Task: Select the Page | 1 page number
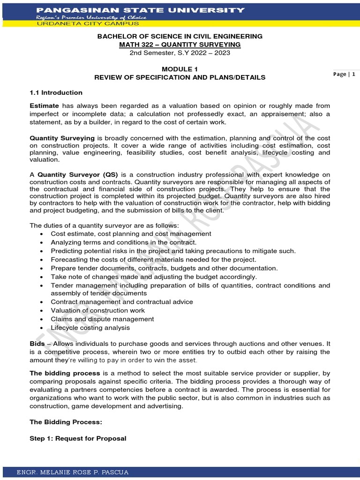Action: pos(344,74)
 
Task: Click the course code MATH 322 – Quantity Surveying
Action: pos(180,45)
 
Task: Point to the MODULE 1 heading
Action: pos(180,69)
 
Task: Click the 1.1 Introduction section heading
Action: pos(56,92)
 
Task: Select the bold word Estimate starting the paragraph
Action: pos(45,106)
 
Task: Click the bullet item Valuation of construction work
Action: pos(97,310)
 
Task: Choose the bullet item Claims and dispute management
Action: pos(102,319)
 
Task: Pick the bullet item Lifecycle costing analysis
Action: pos(90,328)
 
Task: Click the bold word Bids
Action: pos(37,344)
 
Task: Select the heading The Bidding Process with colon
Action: pos(66,422)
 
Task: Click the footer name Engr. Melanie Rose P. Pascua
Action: pos(72,472)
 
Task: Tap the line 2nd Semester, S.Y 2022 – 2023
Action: pos(180,52)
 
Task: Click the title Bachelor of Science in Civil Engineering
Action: pos(180,36)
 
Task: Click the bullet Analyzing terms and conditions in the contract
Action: pos(123,242)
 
